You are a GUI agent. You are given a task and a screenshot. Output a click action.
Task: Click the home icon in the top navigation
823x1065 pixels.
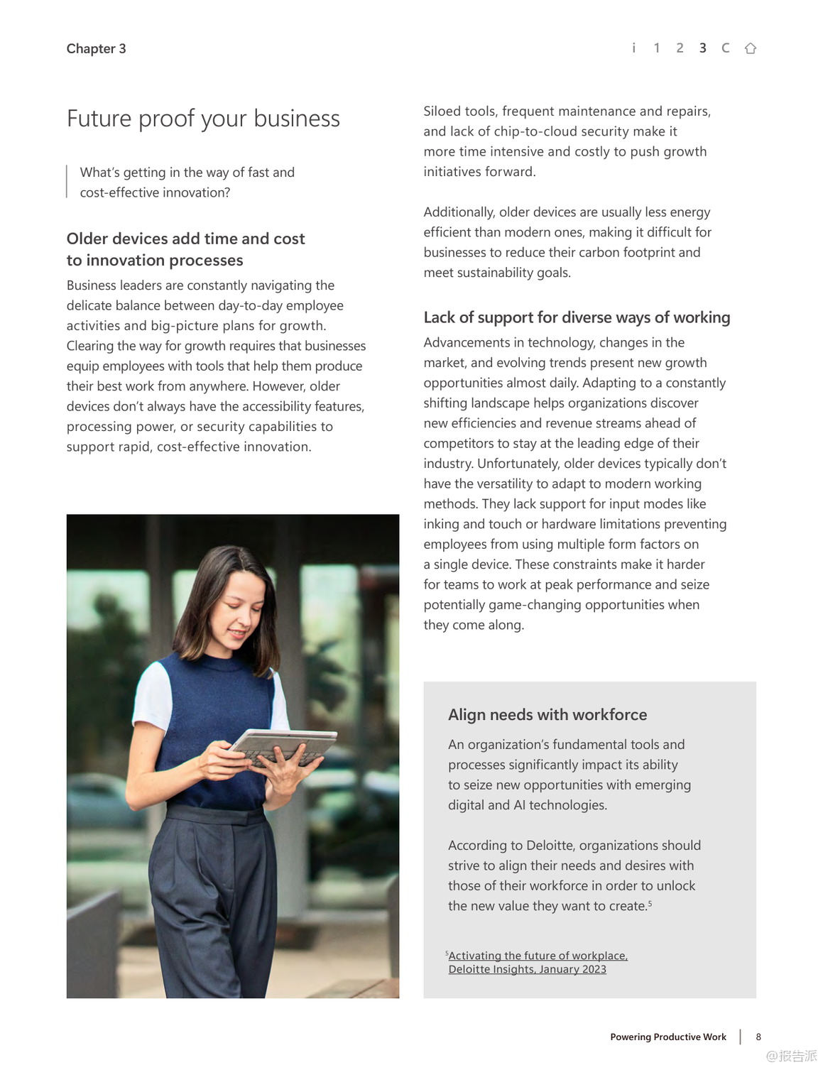[x=750, y=48]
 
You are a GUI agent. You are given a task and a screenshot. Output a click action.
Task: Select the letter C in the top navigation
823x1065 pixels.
[x=725, y=48]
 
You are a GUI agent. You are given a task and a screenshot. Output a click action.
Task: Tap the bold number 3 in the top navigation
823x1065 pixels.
[x=702, y=48]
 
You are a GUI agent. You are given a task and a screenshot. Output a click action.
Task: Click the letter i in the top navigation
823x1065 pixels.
[x=633, y=48]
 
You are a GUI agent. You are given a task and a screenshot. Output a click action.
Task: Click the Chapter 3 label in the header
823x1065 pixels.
[x=96, y=49]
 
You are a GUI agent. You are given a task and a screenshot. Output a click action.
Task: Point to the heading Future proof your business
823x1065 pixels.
[x=203, y=119]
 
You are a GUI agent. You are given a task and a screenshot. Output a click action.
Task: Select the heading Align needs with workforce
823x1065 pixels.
[x=547, y=715]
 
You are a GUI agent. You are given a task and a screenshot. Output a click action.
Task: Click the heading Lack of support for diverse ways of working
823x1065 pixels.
[x=576, y=317]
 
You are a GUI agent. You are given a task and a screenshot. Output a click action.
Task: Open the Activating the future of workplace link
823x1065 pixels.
[x=538, y=956]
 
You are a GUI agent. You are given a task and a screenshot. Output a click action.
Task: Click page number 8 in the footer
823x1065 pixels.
[x=758, y=1037]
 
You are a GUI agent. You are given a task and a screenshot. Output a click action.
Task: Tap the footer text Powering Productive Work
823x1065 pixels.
[x=667, y=1037]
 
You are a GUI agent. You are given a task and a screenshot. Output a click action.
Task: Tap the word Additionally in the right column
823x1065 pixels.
[x=459, y=212]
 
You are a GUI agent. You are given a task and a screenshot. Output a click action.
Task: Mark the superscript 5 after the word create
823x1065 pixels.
[x=650, y=903]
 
